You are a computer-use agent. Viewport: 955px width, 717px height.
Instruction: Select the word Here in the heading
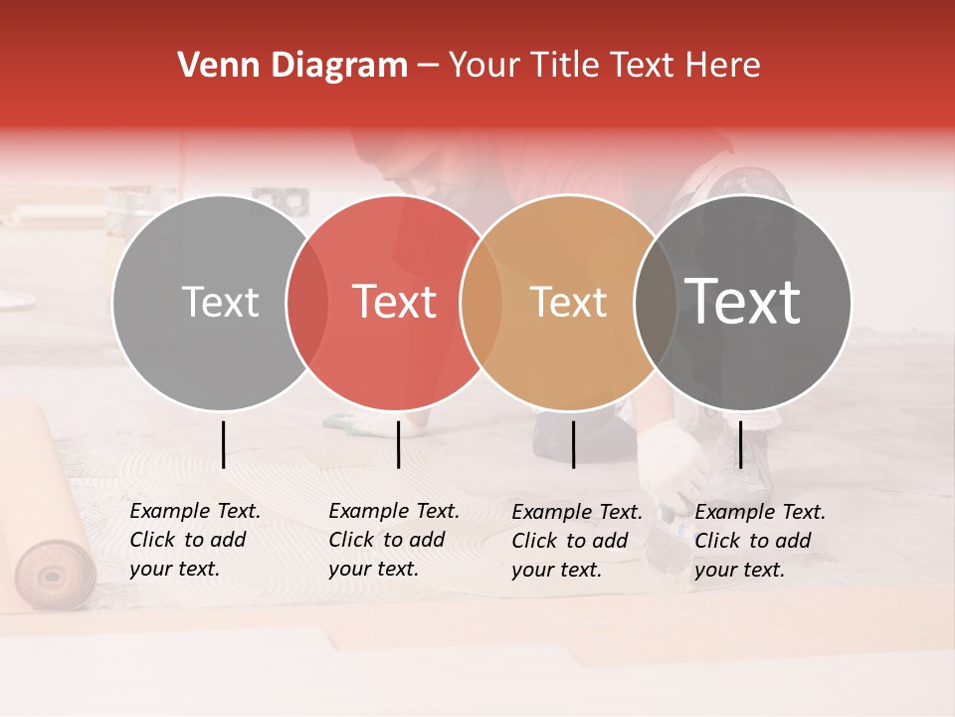point(726,66)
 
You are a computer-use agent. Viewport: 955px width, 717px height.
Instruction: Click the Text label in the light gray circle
point(220,302)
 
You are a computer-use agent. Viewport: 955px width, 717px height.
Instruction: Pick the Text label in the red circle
point(394,302)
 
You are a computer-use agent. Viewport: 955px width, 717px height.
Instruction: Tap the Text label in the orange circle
point(568,302)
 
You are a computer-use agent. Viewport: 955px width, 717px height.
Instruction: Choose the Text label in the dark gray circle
point(742,302)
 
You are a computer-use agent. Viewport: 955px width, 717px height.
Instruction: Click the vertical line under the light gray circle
point(223,444)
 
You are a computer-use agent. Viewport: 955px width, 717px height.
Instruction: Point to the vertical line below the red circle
point(398,444)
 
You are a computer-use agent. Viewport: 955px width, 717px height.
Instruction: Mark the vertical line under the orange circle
point(573,444)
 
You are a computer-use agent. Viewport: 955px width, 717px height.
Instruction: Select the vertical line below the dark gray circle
point(740,444)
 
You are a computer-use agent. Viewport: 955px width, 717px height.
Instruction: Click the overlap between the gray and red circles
point(307,302)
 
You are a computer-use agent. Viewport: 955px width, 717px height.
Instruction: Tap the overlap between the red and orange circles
point(480,302)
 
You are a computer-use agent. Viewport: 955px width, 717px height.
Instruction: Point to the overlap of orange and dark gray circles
point(654,302)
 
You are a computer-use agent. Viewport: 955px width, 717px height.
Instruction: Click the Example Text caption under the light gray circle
point(194,540)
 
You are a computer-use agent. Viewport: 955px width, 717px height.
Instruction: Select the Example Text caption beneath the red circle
point(393,540)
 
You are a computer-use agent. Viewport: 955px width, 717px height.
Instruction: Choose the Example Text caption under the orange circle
point(576,541)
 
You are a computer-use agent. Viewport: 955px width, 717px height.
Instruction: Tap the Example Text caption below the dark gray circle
point(759,541)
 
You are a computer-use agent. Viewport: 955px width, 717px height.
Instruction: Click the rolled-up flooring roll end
point(56,575)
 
